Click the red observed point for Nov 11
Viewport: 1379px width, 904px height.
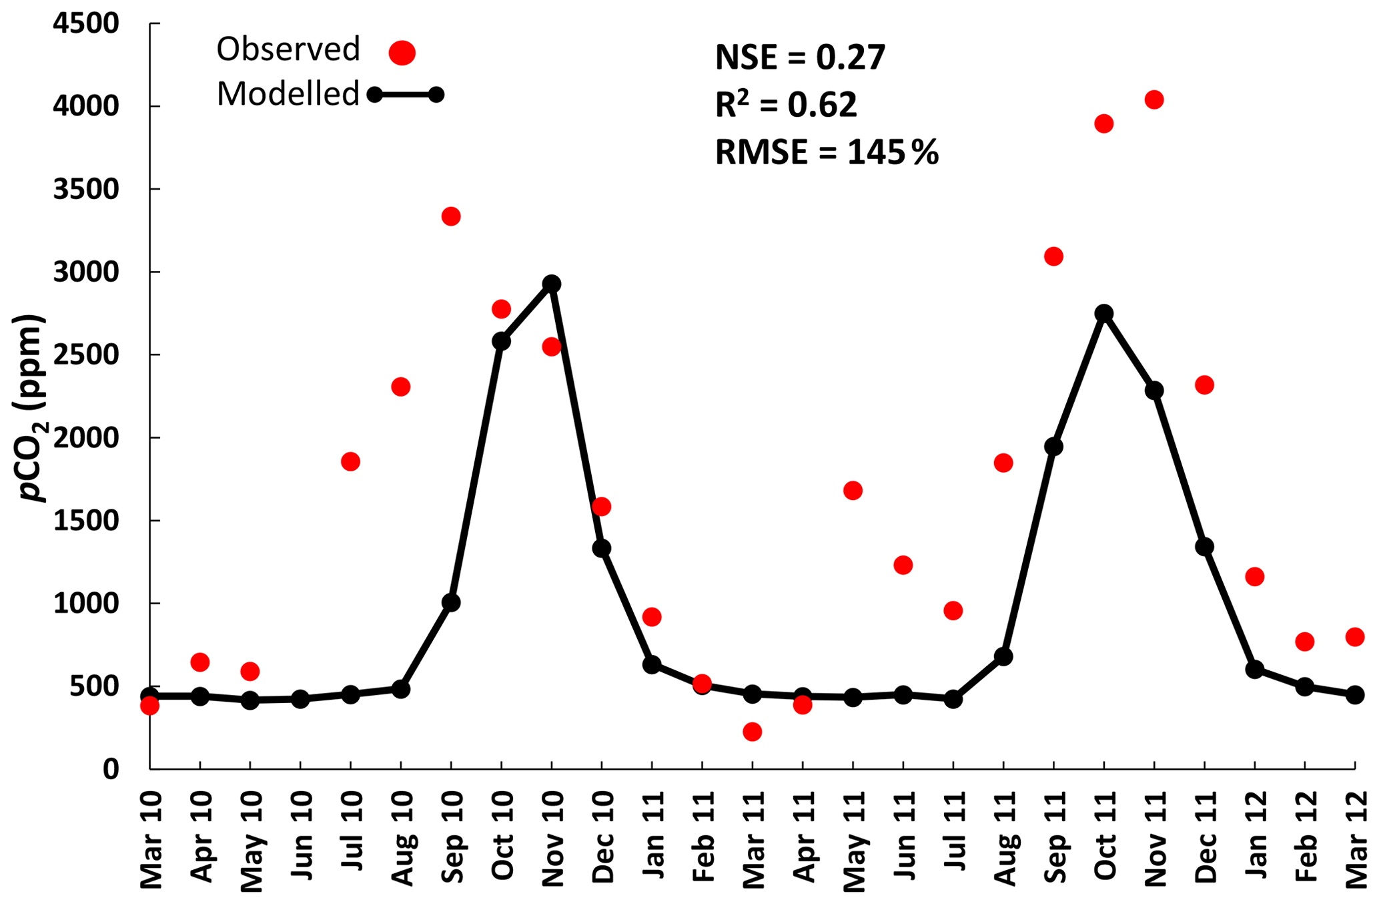(1154, 100)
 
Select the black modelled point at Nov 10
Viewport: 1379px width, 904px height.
(551, 284)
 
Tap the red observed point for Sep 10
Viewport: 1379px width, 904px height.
(451, 216)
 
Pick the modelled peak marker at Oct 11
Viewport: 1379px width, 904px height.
(1104, 313)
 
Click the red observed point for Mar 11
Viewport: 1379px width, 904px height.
(752, 732)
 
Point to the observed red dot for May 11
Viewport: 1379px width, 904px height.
(853, 491)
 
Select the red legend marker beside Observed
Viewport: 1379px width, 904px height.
(402, 52)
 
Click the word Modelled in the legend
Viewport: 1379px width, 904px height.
(288, 94)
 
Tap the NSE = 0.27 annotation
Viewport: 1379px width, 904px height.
(800, 57)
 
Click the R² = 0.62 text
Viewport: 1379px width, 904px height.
(785, 105)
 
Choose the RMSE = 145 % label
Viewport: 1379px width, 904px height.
(826, 152)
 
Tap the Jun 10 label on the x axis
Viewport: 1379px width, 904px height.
(302, 838)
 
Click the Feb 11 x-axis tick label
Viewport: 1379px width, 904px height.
(703, 838)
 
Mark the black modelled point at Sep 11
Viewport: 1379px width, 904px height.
(1053, 447)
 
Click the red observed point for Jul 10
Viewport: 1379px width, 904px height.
(350, 461)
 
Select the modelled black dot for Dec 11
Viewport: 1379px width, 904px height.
(1204, 547)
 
